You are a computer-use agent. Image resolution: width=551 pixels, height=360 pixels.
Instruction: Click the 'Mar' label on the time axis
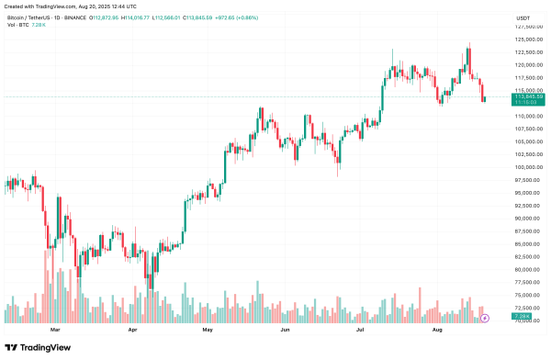[x=55, y=328]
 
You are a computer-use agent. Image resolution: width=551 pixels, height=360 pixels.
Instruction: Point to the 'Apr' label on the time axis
[x=133, y=328]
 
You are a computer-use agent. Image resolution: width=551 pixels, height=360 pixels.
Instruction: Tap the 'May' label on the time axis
[x=208, y=328]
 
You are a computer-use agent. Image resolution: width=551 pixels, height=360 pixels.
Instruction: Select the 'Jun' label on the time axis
[x=286, y=328]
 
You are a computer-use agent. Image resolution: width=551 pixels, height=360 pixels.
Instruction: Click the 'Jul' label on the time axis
[x=360, y=328]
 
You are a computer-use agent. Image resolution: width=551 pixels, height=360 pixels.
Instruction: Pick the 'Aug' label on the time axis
[x=438, y=328]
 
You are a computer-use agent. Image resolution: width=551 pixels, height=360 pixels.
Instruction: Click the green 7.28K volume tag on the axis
[x=503, y=316]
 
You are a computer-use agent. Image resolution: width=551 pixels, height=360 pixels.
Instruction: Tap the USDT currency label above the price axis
[x=523, y=17]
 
